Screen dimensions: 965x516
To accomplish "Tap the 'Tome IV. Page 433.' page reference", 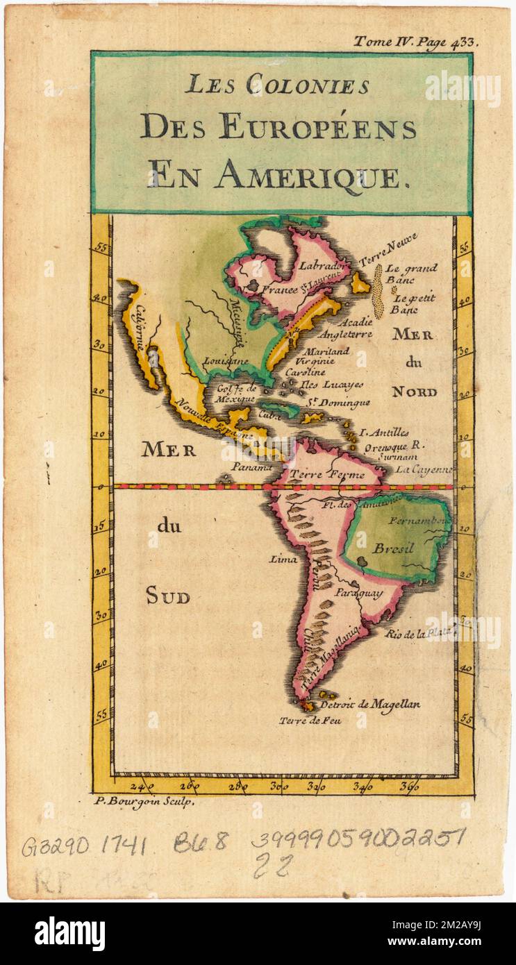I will (x=415, y=42).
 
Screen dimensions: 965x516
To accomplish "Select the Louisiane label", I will (x=226, y=362).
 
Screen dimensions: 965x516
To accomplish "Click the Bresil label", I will (x=393, y=548).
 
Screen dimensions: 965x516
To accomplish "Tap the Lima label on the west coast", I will (x=285, y=559).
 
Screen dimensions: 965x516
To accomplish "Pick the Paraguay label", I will (x=358, y=594).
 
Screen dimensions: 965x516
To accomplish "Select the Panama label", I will (x=251, y=467).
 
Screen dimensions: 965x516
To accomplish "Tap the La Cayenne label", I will (x=424, y=470).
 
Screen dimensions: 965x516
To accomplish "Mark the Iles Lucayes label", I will (x=331, y=384).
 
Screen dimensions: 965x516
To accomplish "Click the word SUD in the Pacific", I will (x=167, y=596).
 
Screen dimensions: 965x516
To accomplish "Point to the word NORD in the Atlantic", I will (x=414, y=392).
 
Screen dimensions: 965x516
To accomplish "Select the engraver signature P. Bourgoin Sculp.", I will (x=144, y=801).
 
